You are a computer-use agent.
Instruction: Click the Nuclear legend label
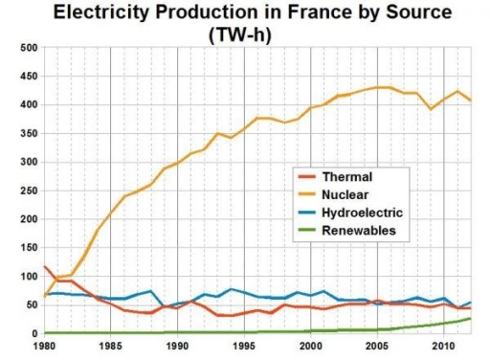click(347, 195)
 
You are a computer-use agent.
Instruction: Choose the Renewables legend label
click(359, 232)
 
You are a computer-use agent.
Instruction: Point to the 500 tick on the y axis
click(28, 48)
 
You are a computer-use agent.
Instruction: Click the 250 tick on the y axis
click(28, 191)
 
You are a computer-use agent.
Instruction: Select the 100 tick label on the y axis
click(28, 277)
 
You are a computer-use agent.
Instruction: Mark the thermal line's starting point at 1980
click(45, 267)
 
